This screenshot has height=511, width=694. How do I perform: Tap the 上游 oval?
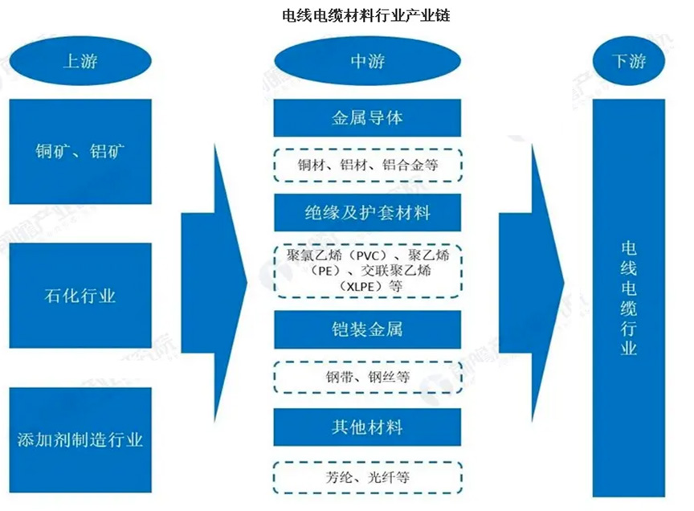(x=80, y=62)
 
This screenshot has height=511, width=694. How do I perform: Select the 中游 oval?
(x=367, y=62)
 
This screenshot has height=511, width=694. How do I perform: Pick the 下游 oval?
(x=628, y=62)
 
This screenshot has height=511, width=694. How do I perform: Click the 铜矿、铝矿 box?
(x=80, y=151)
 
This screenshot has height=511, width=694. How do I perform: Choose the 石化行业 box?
(x=80, y=296)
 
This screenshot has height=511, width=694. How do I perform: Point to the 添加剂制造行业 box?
(x=80, y=439)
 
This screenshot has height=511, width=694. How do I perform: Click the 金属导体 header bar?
(x=367, y=118)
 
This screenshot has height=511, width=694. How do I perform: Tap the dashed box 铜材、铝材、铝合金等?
(x=367, y=166)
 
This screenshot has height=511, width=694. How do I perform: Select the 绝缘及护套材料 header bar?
(x=367, y=213)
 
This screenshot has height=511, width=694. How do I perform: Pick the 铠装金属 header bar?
(x=367, y=329)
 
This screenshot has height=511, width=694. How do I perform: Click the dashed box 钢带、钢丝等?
(x=367, y=376)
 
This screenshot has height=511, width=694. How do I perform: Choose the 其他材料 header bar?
(x=367, y=427)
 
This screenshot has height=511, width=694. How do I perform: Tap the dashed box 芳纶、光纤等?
(x=367, y=477)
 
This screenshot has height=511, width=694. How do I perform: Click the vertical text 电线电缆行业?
(x=628, y=297)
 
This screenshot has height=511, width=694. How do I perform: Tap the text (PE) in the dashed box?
(x=309, y=271)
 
